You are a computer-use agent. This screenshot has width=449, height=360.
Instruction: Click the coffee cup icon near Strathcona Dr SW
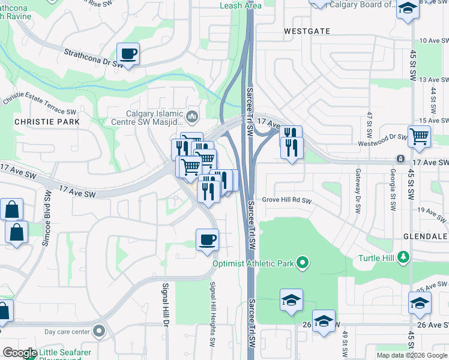click(128, 54)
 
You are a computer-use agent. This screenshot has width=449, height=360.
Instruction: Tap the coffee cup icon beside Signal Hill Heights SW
click(207, 240)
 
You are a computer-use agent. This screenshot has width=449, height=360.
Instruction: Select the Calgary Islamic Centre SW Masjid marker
click(193, 116)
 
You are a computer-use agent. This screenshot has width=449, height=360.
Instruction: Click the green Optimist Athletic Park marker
click(303, 263)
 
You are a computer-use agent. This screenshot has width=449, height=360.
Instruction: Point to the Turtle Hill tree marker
click(404, 257)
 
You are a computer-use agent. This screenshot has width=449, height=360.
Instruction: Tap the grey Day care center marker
click(99, 331)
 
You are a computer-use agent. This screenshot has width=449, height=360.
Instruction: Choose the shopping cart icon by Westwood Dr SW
click(418, 136)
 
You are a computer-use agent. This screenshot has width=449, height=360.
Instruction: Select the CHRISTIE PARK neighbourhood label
click(39, 121)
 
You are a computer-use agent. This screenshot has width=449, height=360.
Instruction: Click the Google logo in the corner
click(20, 353)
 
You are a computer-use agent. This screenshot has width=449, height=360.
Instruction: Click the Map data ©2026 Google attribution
click(411, 355)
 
